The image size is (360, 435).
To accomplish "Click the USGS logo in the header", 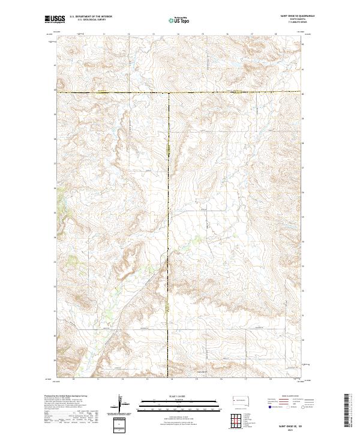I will (x=55, y=19).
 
